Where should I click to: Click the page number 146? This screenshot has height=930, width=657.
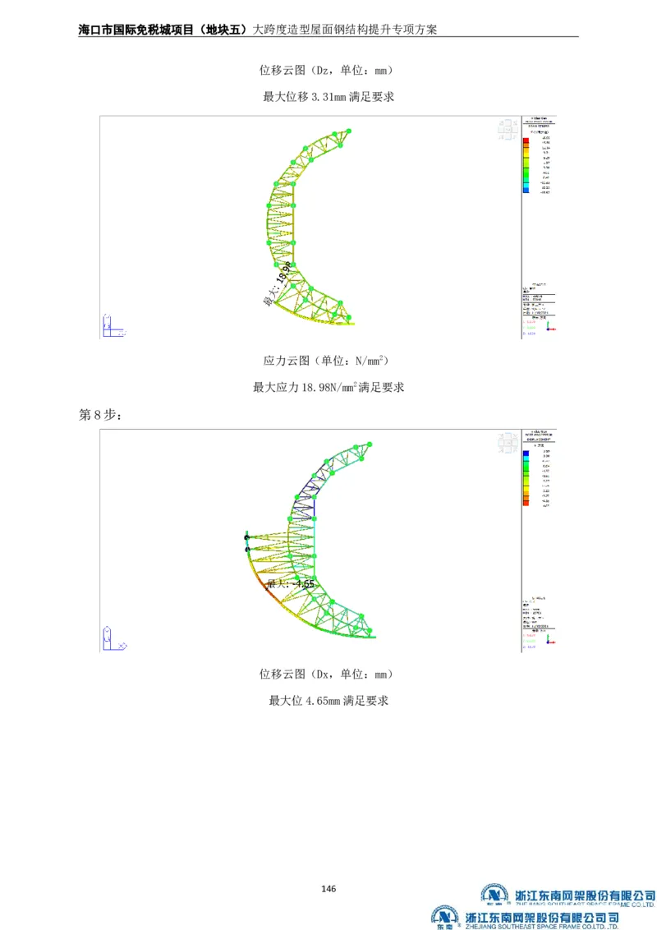(328, 888)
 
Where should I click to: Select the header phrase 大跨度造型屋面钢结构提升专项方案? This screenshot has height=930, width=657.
(344, 29)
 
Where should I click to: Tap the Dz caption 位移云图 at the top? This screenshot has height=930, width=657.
(283, 71)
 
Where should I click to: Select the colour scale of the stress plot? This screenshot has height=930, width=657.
(526, 165)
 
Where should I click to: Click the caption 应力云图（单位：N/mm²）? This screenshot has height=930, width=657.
(328, 361)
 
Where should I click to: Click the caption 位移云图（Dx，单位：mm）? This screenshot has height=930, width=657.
(328, 674)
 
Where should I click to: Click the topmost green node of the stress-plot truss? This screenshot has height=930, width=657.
(348, 131)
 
